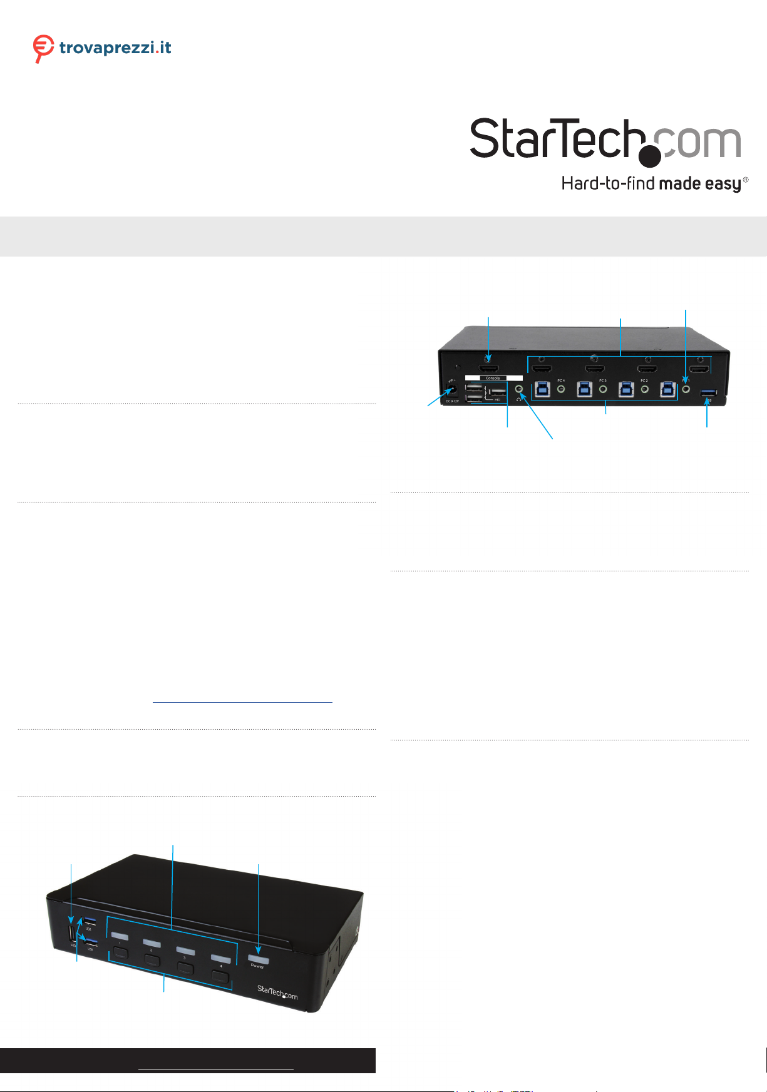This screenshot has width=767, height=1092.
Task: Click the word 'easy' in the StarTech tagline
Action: point(723,184)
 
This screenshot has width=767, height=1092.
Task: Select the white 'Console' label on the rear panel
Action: point(493,378)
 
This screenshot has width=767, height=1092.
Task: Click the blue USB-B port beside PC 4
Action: point(543,389)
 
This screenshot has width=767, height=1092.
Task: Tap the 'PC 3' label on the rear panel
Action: point(602,380)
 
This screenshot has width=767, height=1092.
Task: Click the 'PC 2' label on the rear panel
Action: point(644,380)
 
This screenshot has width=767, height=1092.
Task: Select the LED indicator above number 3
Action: point(185,951)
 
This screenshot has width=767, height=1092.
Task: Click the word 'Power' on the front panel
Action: point(257,967)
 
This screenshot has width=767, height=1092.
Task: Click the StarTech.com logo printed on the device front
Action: point(277,992)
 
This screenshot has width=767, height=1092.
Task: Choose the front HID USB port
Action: point(73,933)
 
